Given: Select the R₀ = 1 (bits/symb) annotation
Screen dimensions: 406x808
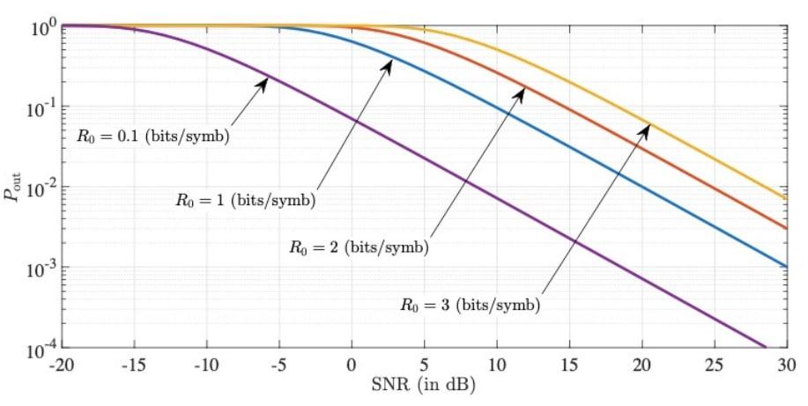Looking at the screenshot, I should [244, 201].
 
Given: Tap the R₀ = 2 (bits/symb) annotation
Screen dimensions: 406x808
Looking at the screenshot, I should [359, 248].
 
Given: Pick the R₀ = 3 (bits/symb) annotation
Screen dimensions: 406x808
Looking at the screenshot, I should [469, 306].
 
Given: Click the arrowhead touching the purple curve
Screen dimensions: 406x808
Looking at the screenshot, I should [264, 79].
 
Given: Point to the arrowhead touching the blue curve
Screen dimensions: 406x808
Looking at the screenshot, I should [389, 61].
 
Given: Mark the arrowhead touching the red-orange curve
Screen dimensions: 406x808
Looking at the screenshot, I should [522, 89].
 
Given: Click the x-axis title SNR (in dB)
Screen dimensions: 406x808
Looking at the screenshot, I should [425, 385].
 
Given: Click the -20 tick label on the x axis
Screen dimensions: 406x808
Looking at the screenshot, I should [63, 365].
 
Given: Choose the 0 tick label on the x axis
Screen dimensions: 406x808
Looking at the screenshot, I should [352, 365].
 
